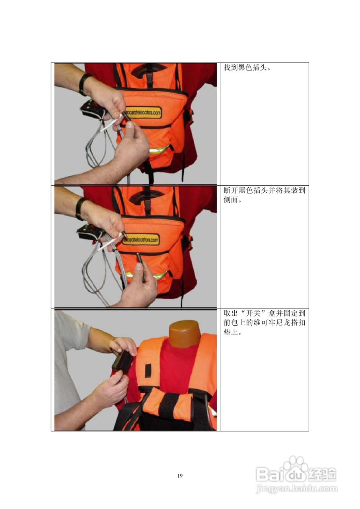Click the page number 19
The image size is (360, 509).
click(180, 476)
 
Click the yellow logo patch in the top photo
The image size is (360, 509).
click(143, 113)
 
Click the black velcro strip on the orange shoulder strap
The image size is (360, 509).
click(148, 370)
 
